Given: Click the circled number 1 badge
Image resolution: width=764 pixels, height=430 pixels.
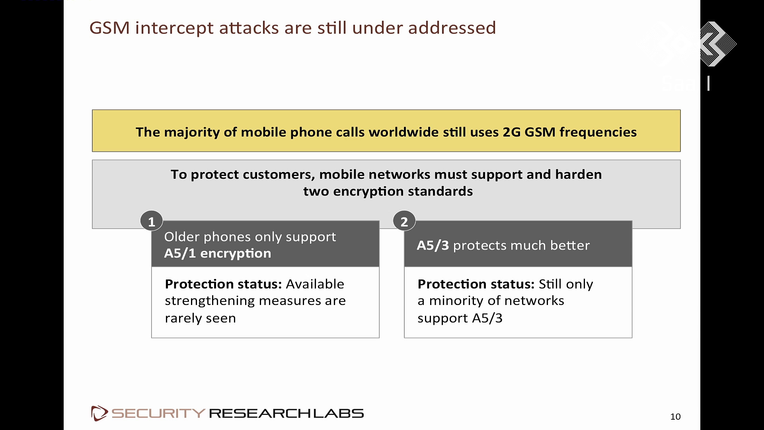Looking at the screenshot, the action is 152,221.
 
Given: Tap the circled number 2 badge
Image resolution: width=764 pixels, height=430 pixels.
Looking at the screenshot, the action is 404,221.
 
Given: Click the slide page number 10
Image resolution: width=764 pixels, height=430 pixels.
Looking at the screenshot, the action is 675,416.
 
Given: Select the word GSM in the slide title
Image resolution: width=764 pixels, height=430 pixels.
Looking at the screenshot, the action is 109,28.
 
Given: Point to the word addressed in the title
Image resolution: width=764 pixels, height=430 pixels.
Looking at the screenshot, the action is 452,28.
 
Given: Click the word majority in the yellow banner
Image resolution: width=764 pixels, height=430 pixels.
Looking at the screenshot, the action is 191,132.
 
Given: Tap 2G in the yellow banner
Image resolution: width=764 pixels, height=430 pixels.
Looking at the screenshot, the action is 512,132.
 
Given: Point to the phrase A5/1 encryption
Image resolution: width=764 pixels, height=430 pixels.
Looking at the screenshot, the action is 218,253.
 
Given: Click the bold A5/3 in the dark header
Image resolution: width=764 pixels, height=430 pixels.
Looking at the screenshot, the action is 433,245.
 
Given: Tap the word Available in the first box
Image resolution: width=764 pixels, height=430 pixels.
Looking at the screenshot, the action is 315,284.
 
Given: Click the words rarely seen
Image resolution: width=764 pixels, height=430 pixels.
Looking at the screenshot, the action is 200,318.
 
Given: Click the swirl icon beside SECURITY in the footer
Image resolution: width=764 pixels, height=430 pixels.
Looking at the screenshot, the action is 99,413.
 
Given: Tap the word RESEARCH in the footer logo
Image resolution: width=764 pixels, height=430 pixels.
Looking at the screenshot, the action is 259,413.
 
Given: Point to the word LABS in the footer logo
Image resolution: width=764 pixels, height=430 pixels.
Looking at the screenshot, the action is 338,413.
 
